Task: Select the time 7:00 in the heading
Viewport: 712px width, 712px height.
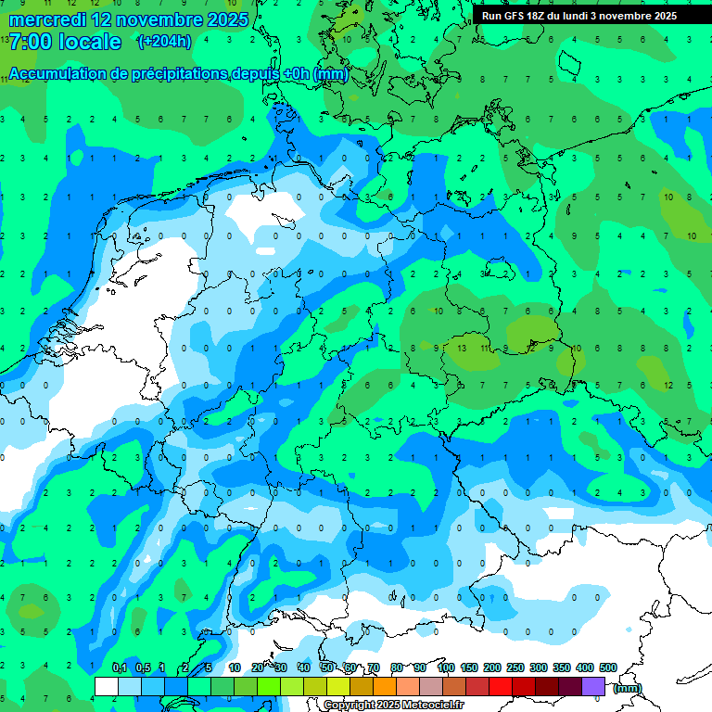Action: (30, 42)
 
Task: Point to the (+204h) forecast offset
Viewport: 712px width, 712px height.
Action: (164, 42)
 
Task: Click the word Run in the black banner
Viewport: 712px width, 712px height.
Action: (491, 16)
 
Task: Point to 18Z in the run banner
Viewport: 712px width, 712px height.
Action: (539, 16)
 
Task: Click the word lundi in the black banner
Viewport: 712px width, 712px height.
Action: (584, 16)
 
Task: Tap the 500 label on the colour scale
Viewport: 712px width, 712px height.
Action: (608, 668)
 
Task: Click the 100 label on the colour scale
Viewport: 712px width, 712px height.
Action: (446, 668)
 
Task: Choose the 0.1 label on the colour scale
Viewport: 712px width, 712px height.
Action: (120, 668)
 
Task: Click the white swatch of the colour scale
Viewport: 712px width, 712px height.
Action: (107, 685)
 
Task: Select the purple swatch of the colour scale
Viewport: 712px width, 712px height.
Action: (593, 685)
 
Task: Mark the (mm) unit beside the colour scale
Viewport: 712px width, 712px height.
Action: (628, 688)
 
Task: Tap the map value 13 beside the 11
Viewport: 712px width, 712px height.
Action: (461, 347)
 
